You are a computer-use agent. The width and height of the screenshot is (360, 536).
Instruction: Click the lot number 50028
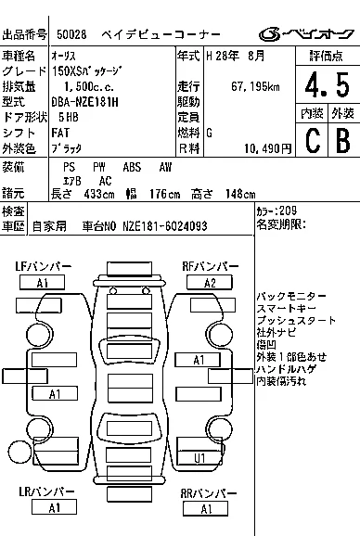click(x=71, y=34)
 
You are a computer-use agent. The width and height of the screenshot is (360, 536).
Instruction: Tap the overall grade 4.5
click(x=328, y=84)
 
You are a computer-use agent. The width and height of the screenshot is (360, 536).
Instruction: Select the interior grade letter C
click(x=313, y=141)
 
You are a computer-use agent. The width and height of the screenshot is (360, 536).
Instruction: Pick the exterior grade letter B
click(x=343, y=141)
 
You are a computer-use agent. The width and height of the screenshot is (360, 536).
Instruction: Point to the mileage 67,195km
click(x=255, y=86)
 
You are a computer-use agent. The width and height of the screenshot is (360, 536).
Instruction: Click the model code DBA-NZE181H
click(x=84, y=102)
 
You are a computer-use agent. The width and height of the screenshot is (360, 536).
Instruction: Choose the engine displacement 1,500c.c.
click(x=89, y=86)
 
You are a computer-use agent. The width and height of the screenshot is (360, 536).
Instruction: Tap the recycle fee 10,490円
click(x=268, y=148)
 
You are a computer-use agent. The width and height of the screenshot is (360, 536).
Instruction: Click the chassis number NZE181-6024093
click(x=165, y=226)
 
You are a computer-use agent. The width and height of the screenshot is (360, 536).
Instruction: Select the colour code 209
click(x=288, y=211)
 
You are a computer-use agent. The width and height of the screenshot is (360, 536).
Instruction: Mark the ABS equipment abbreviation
click(x=132, y=167)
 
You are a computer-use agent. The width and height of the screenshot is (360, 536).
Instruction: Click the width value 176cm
click(x=164, y=194)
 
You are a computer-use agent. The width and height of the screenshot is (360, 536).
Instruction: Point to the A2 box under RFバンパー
click(x=210, y=283)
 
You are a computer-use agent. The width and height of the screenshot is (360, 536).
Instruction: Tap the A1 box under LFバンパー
click(x=42, y=283)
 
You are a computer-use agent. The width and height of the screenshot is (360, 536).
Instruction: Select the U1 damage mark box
click(x=199, y=458)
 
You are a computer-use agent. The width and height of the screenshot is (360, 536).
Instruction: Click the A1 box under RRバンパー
click(x=206, y=509)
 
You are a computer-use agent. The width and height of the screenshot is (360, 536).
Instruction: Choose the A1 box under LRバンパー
click(x=54, y=507)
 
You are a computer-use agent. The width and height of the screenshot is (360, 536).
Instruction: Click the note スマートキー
click(x=286, y=308)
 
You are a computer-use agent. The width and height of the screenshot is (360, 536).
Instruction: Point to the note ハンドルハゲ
click(x=286, y=368)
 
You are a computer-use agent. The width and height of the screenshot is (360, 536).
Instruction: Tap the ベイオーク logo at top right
click(x=306, y=33)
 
